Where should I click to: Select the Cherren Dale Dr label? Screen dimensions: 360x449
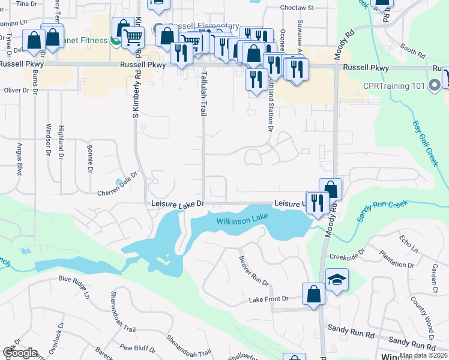click(118, 188)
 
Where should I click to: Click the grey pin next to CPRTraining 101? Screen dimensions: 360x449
click(435, 86)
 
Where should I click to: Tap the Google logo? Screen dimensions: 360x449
click(20, 353)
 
